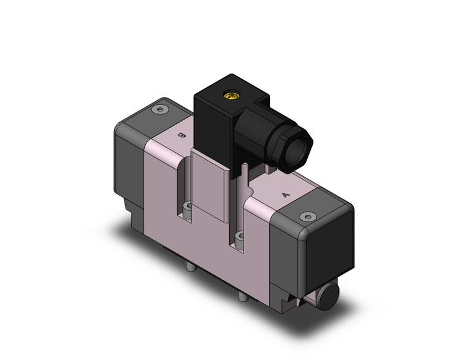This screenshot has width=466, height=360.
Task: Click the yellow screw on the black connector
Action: [x=231, y=96]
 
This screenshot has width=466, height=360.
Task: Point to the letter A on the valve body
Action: [x=285, y=195]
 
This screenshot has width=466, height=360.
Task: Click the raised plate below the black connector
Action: [x=210, y=187]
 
